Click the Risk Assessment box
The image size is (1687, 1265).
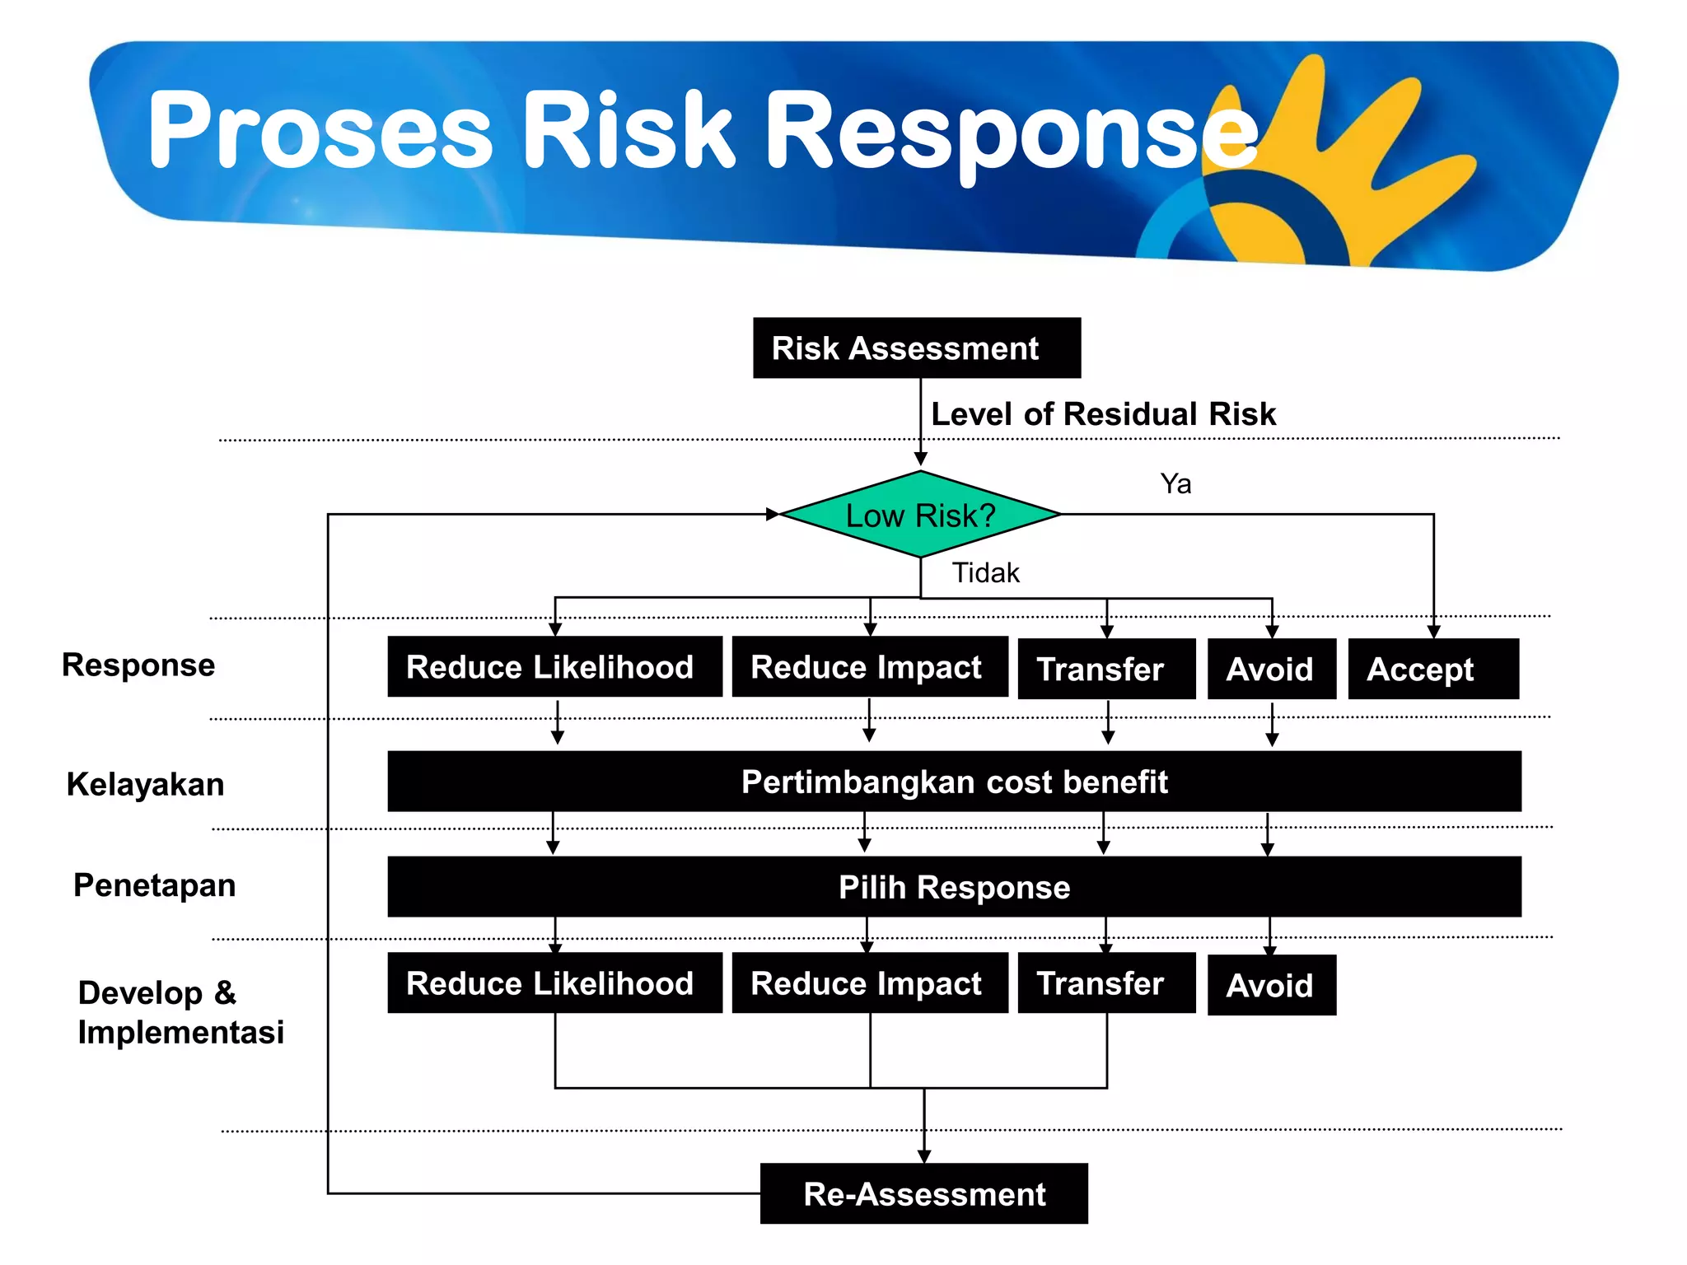pos(916,348)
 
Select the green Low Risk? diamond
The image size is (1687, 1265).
pos(920,515)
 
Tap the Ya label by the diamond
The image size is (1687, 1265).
pos(1175,483)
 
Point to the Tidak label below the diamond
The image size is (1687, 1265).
pos(985,572)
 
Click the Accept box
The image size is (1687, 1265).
pos(1432,669)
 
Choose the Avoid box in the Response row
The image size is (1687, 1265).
pos(1271,669)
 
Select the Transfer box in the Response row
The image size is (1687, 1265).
pos(1105,669)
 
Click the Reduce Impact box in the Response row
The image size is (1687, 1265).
pos(869,667)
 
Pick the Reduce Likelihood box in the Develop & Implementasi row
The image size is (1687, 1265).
pos(554,983)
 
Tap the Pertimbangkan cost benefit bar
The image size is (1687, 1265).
pos(954,782)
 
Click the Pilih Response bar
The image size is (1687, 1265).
pos(954,887)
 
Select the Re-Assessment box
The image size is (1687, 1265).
pos(923,1193)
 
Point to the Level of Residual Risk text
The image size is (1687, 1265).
pos(1102,413)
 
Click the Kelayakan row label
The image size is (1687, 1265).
pos(145,784)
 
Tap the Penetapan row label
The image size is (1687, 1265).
pos(154,885)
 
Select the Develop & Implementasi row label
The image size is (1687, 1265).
pos(180,1012)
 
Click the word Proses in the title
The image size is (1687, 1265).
pos(320,130)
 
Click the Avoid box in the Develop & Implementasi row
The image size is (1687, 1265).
pos(1271,985)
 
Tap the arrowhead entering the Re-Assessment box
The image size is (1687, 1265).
pos(924,1156)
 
